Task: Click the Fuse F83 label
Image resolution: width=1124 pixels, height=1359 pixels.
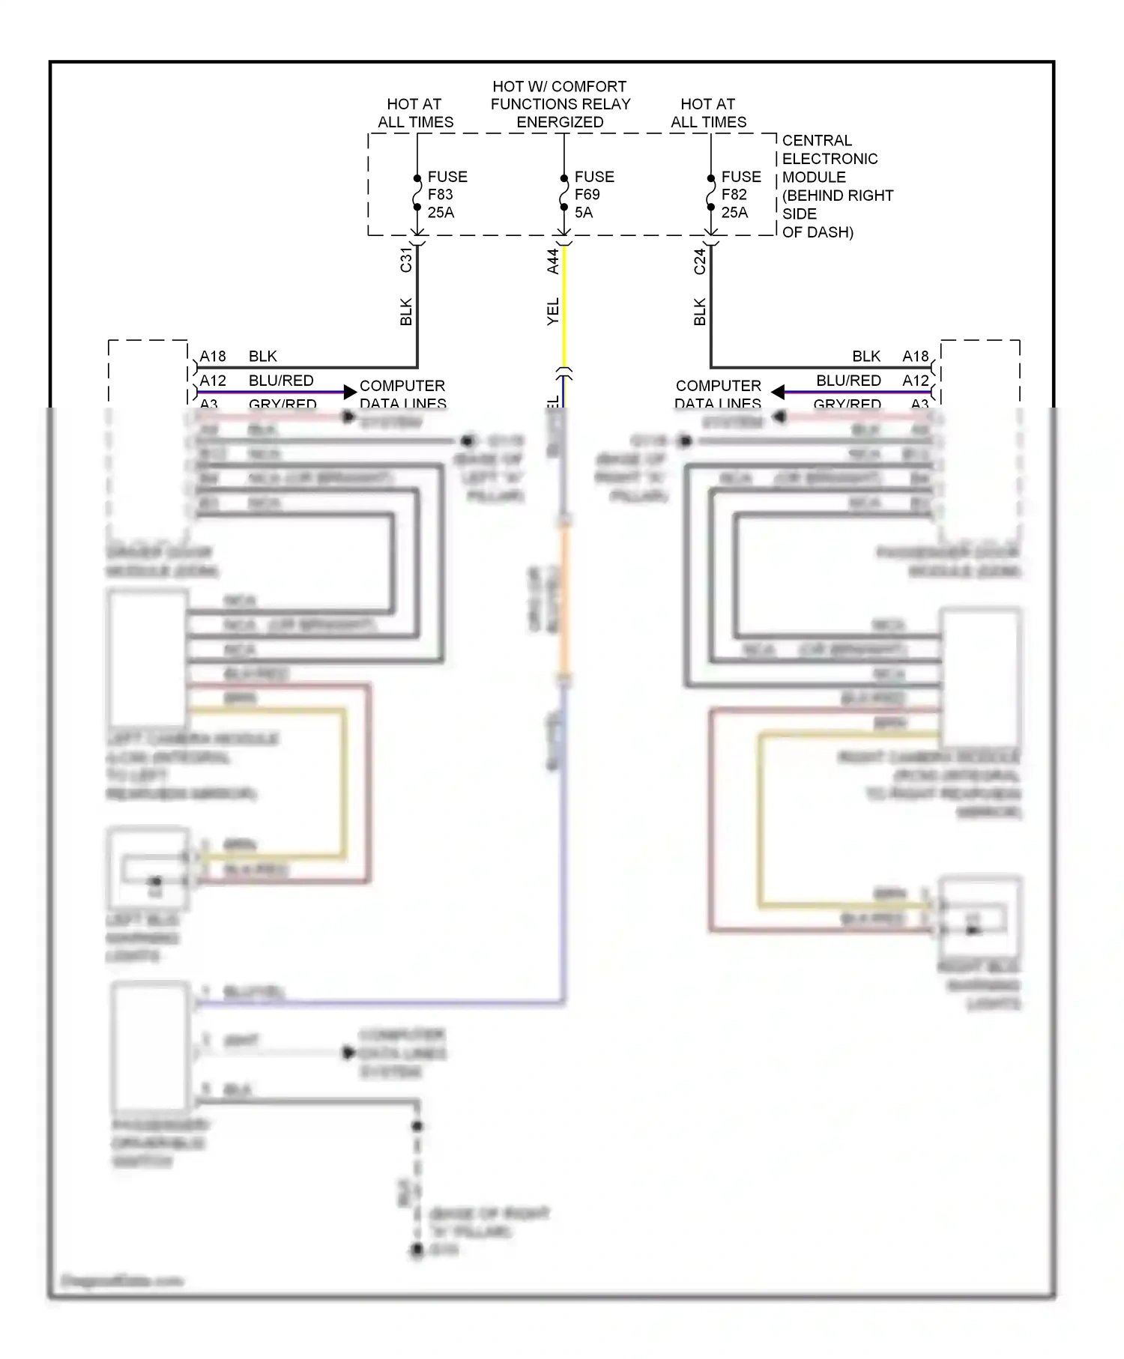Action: pyautogui.click(x=447, y=195)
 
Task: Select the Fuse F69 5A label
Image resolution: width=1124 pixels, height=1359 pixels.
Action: pyautogui.click(x=593, y=195)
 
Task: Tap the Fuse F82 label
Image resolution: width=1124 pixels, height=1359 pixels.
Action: pyautogui.click(x=740, y=195)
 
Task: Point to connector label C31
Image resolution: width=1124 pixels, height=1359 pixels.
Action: pyautogui.click(x=405, y=259)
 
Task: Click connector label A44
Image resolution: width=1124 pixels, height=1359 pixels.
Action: pyautogui.click(x=552, y=261)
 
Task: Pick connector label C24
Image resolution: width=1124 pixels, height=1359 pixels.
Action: pyautogui.click(x=699, y=261)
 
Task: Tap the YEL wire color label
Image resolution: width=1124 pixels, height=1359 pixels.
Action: pyautogui.click(x=552, y=312)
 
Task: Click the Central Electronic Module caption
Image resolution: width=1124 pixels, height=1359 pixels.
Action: pyautogui.click(x=836, y=186)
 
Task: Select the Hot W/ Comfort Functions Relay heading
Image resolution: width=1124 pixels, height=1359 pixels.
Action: pyautogui.click(x=560, y=104)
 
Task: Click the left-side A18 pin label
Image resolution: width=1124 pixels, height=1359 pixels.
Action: pyautogui.click(x=213, y=357)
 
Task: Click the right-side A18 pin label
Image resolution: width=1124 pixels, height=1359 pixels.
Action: pyautogui.click(x=915, y=357)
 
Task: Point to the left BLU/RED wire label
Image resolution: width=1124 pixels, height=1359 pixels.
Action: pyautogui.click(x=281, y=381)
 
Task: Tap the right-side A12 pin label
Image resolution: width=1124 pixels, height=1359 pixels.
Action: pyautogui.click(x=915, y=381)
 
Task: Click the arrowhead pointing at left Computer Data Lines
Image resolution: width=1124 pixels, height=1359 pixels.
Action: pyautogui.click(x=349, y=392)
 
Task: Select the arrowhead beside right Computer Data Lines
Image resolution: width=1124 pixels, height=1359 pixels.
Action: pyautogui.click(x=778, y=392)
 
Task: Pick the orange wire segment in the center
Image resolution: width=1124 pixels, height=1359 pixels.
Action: pyautogui.click(x=564, y=599)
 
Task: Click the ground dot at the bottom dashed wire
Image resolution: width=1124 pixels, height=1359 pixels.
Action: pyautogui.click(x=417, y=1250)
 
